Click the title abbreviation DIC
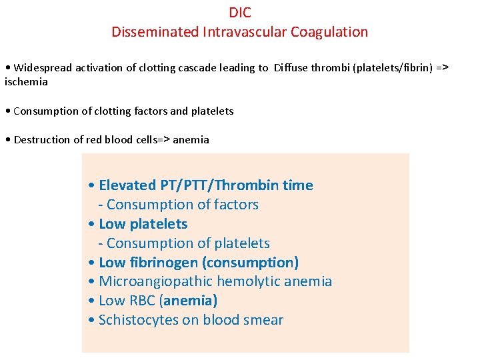click(240, 13)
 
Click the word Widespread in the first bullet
click(41, 67)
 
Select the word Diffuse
click(294, 67)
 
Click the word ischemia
click(26, 81)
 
